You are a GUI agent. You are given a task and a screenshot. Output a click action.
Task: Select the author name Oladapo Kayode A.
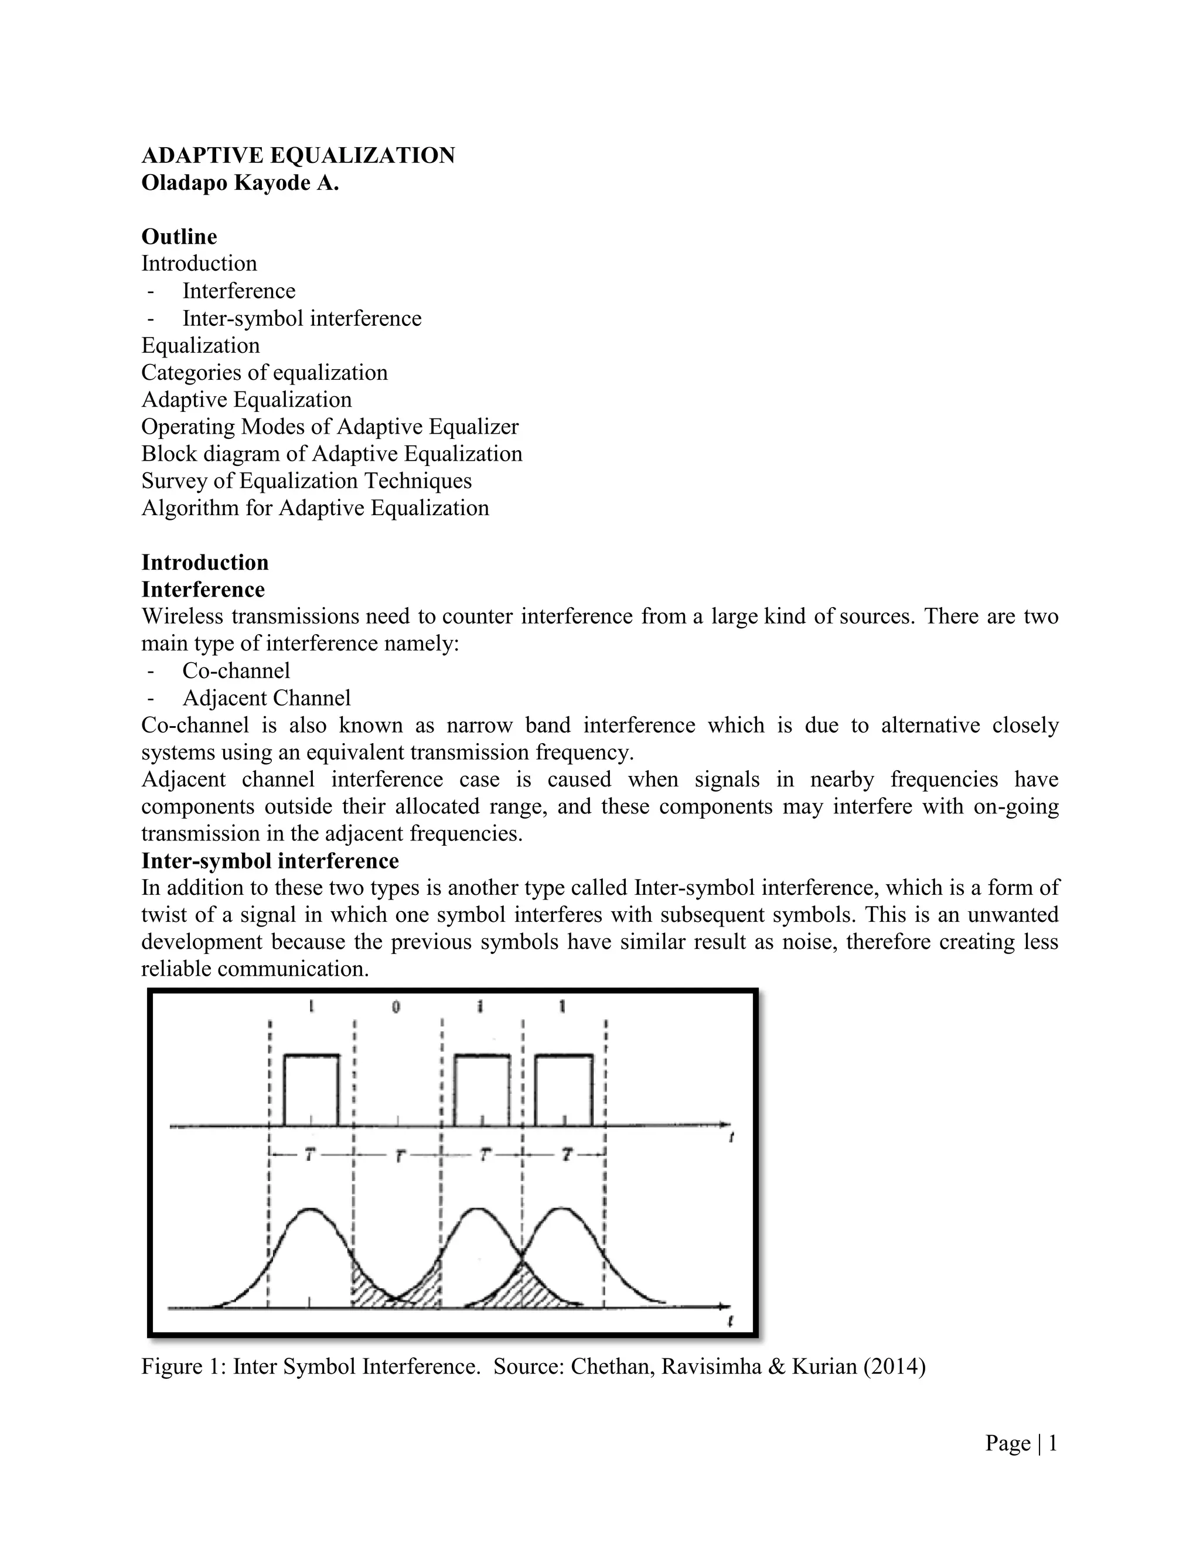tap(240, 183)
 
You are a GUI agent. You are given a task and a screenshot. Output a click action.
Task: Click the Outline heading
tap(179, 236)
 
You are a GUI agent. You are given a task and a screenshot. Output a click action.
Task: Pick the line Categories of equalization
tap(264, 373)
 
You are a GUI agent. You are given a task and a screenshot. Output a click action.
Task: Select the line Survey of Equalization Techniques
tap(306, 481)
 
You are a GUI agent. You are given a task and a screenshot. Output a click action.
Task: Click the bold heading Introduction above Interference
tap(204, 563)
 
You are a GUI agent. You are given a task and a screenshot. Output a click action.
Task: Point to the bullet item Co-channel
tap(236, 670)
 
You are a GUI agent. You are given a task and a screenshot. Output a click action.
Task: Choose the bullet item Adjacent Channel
tap(267, 697)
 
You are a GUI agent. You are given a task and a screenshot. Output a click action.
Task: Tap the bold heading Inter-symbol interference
tap(270, 860)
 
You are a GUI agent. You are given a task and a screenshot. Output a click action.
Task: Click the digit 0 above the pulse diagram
tap(396, 1007)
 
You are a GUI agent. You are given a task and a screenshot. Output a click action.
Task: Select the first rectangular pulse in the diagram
tap(311, 1089)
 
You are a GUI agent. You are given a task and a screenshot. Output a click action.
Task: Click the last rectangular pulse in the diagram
tap(563, 1089)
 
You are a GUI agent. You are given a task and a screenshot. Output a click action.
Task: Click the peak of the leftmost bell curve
tap(310, 1209)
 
